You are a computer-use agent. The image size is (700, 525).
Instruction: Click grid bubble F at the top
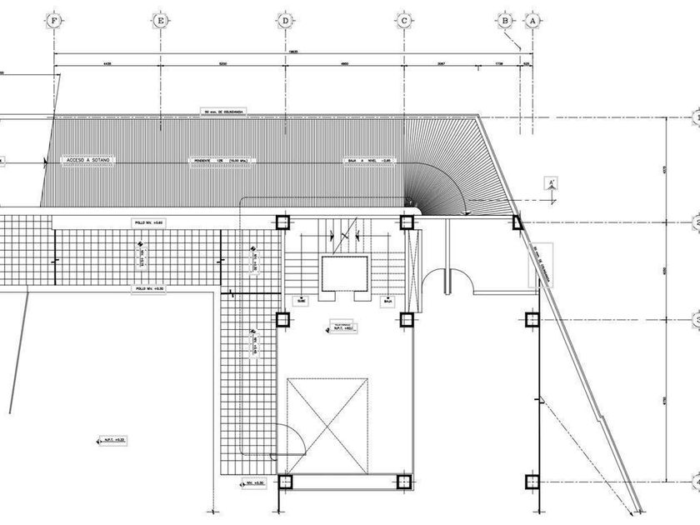[x=55, y=20]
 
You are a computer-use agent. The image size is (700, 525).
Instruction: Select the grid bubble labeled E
[x=160, y=20]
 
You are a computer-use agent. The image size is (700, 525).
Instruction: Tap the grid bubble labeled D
[x=285, y=20]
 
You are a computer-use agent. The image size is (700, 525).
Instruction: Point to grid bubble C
[x=404, y=20]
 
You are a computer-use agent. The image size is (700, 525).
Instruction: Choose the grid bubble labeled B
[x=505, y=20]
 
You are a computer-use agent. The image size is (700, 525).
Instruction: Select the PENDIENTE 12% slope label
[x=221, y=160]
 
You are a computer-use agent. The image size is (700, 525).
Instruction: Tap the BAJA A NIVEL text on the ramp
[x=369, y=160]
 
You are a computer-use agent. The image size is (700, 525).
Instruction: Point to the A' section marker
[x=551, y=184]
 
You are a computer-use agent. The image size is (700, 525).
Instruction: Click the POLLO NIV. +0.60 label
[x=150, y=222]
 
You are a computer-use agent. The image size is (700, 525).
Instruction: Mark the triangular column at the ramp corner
[x=517, y=222]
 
